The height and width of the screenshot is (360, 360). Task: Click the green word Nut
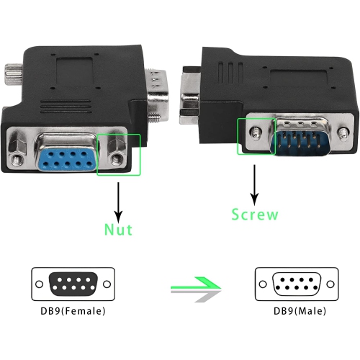[x=118, y=230]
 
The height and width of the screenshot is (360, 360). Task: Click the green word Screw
[x=254, y=215]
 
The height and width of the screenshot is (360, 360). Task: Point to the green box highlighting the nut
[x=119, y=154]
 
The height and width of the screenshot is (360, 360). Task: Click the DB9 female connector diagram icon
[x=71, y=284]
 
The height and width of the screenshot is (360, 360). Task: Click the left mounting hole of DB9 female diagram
[x=38, y=284]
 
